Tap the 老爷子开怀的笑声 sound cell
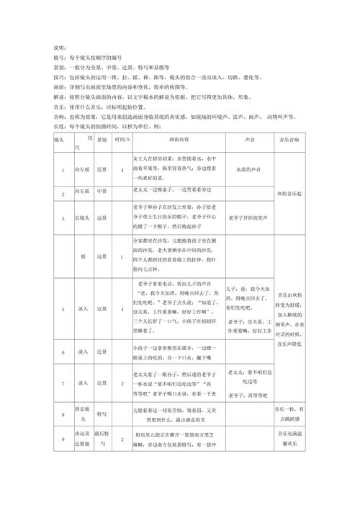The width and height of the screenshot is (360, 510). (248, 218)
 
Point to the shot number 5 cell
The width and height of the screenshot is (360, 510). (63, 310)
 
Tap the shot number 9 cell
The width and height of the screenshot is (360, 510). (63, 440)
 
